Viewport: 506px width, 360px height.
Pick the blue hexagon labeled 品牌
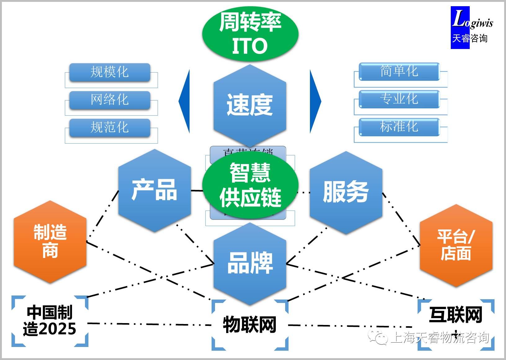pyautogui.click(x=250, y=263)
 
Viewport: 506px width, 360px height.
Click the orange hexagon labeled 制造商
pyautogui.click(x=50, y=242)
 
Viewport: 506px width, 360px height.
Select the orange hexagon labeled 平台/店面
pyautogui.click(x=456, y=245)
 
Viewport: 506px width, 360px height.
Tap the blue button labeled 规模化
pyautogui.click(x=110, y=72)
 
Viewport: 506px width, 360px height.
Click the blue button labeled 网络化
pyautogui.click(x=110, y=100)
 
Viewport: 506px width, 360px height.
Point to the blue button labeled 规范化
pyautogui.click(x=110, y=127)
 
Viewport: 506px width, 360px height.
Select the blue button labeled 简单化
pyautogui.click(x=399, y=71)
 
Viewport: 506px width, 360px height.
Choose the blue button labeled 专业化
pyautogui.click(x=399, y=99)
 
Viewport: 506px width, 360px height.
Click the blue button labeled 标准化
pyautogui.click(x=399, y=127)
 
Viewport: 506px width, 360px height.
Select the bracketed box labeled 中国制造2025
pyautogui.click(x=50, y=321)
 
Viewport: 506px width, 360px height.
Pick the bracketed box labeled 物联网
pyautogui.click(x=250, y=325)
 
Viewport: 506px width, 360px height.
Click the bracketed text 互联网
pyautogui.click(x=455, y=315)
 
